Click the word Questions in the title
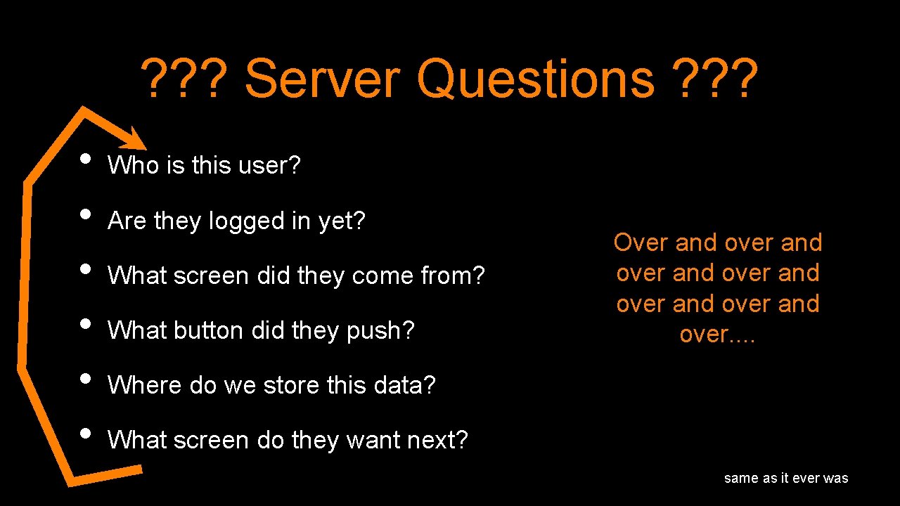[536, 79]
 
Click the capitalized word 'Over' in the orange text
[641, 242]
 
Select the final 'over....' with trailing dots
[717, 334]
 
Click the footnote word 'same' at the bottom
[741, 479]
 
